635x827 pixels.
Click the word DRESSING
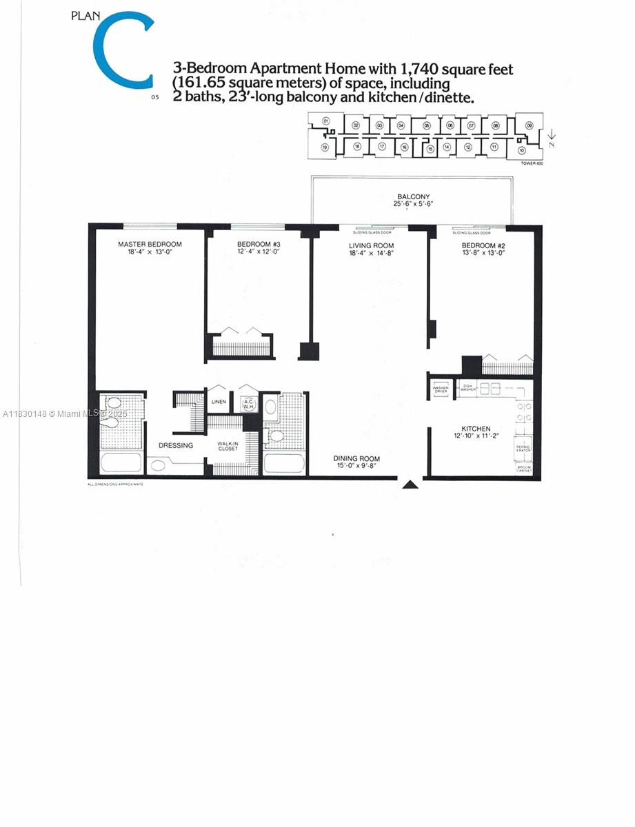(x=175, y=445)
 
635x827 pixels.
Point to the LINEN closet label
(x=219, y=401)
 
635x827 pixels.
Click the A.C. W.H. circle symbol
(x=247, y=405)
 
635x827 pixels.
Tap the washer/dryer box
(x=441, y=389)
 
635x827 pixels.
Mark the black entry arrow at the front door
(x=410, y=484)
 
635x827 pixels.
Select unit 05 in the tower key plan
(x=427, y=125)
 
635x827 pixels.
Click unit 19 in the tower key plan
(x=324, y=147)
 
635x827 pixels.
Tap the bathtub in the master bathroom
(x=121, y=464)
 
